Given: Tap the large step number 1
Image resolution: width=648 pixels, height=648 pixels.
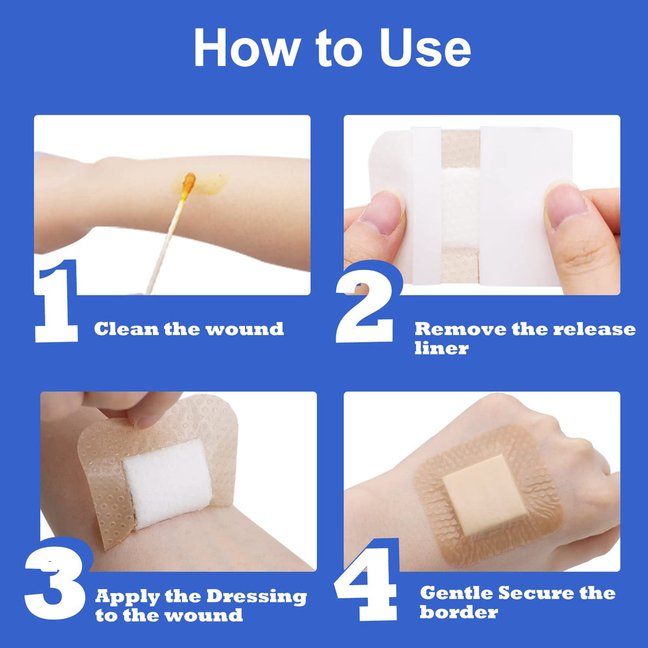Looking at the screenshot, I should click(57, 302).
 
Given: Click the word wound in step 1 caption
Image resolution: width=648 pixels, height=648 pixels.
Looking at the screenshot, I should click(244, 329).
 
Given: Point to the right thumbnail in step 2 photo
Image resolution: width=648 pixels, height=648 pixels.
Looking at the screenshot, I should click(566, 206).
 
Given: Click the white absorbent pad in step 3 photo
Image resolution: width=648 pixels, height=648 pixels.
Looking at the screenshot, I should click(167, 483).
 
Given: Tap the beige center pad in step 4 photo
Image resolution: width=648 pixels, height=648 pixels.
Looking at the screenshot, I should click(485, 494).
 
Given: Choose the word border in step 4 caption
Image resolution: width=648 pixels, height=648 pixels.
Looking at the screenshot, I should click(458, 612).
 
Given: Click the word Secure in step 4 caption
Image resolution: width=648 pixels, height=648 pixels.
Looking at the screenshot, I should click(532, 593).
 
